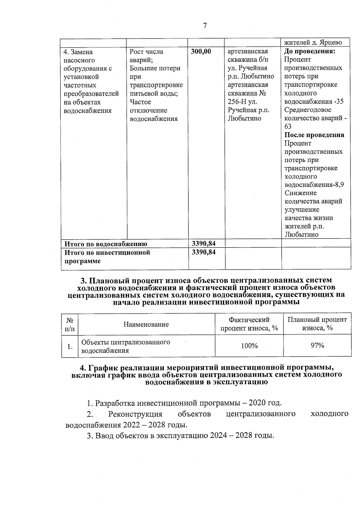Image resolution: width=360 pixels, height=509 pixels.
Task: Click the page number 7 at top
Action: (205, 26)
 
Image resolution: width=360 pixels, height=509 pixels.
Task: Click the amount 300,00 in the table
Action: (201, 52)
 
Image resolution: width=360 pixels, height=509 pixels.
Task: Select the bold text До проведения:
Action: (309, 51)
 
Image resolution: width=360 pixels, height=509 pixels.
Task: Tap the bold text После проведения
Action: (314, 135)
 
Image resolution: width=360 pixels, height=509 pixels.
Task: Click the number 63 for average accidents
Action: (288, 127)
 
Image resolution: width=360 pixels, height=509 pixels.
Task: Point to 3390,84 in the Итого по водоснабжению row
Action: (204, 244)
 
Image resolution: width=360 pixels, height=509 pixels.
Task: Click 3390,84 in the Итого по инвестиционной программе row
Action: (204, 252)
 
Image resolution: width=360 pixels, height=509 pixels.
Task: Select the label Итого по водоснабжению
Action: (106, 244)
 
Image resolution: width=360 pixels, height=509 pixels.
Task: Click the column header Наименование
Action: (146, 324)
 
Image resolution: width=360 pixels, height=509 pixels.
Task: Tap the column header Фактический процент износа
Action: (249, 324)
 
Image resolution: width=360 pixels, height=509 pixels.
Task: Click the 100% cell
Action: (249, 346)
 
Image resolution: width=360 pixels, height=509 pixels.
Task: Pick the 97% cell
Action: (317, 346)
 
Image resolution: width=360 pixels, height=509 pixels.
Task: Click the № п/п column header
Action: (70, 324)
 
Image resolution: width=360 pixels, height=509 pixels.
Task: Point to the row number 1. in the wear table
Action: (70, 347)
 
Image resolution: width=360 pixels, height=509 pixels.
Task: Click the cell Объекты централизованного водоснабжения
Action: (126, 346)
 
